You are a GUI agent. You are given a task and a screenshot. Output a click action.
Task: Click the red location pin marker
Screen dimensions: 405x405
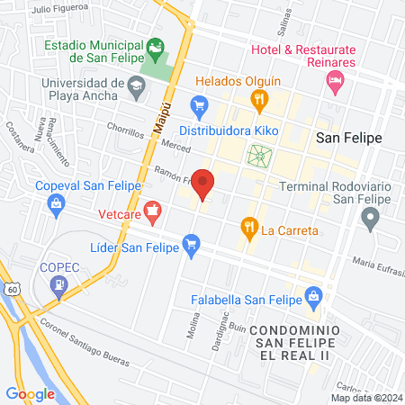[203, 183]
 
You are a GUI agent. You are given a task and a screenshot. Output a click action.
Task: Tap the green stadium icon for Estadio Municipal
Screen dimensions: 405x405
[157, 44]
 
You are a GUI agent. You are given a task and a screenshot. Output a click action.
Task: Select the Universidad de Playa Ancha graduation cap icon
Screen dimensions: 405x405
[136, 87]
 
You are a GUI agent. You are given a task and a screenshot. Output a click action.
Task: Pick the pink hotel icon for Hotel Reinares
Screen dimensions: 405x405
[336, 83]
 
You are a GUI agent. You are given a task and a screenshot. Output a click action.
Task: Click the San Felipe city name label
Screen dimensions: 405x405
[349, 138]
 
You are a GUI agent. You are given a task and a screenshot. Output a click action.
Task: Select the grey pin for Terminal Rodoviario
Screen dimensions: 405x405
[369, 216]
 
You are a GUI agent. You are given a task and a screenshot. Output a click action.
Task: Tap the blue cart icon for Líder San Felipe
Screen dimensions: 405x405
[190, 242]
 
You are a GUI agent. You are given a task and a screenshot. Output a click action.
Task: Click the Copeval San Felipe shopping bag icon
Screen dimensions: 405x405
[58, 202]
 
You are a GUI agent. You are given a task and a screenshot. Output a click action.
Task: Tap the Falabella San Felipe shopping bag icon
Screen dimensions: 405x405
[313, 294]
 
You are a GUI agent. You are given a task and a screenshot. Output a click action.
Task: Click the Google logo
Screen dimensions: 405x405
[30, 393]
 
